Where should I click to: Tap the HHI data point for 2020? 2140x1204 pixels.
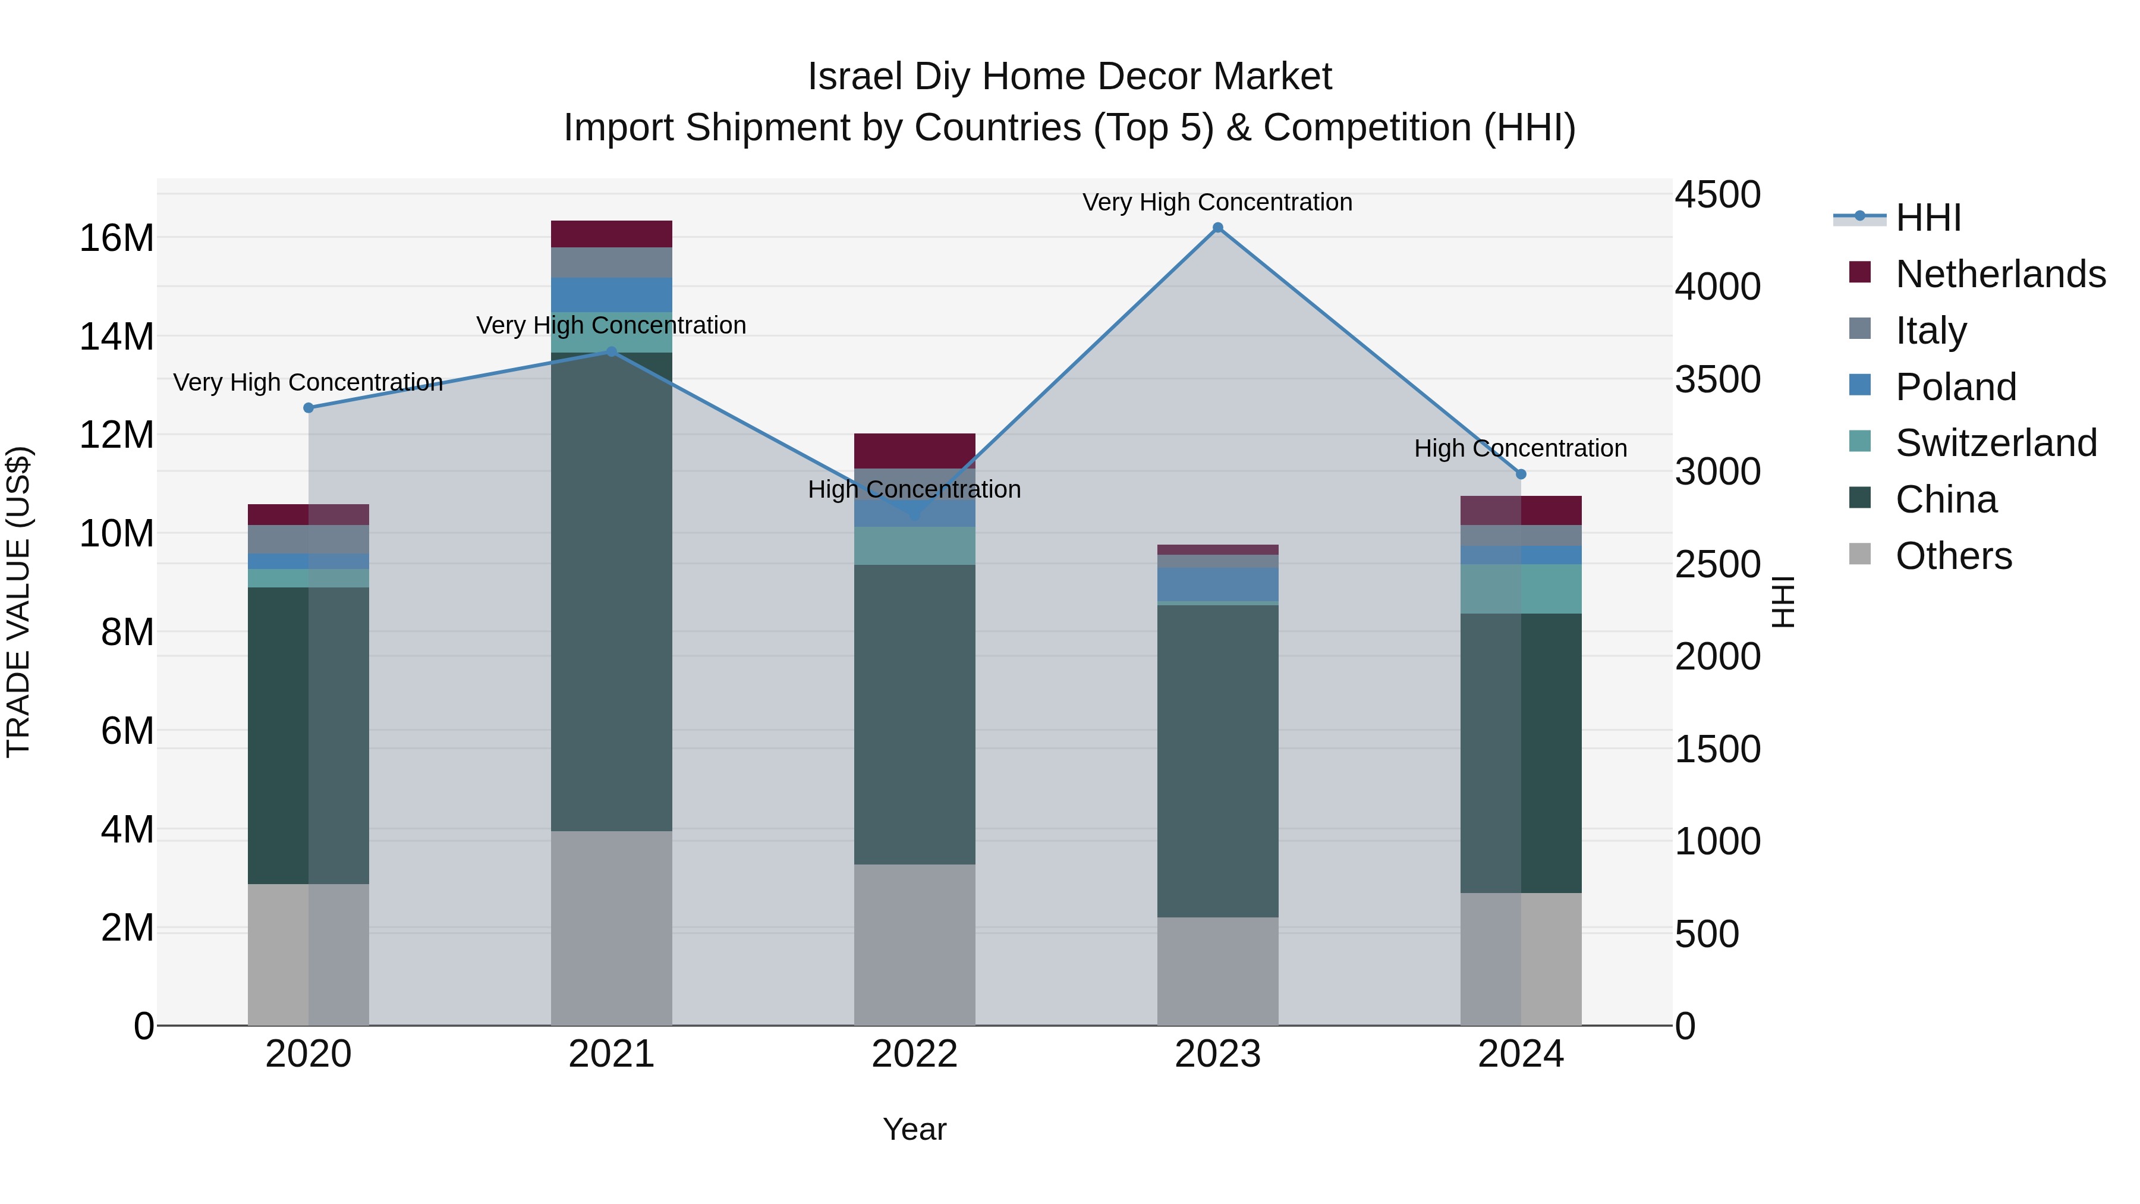coord(308,408)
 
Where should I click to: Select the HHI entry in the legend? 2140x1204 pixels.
coord(1927,218)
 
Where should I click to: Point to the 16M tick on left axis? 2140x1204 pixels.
coord(117,238)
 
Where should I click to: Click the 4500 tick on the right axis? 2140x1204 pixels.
coord(1716,195)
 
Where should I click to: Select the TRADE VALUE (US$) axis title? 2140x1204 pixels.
coord(18,602)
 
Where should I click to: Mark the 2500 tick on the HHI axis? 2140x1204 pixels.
coord(1716,565)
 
